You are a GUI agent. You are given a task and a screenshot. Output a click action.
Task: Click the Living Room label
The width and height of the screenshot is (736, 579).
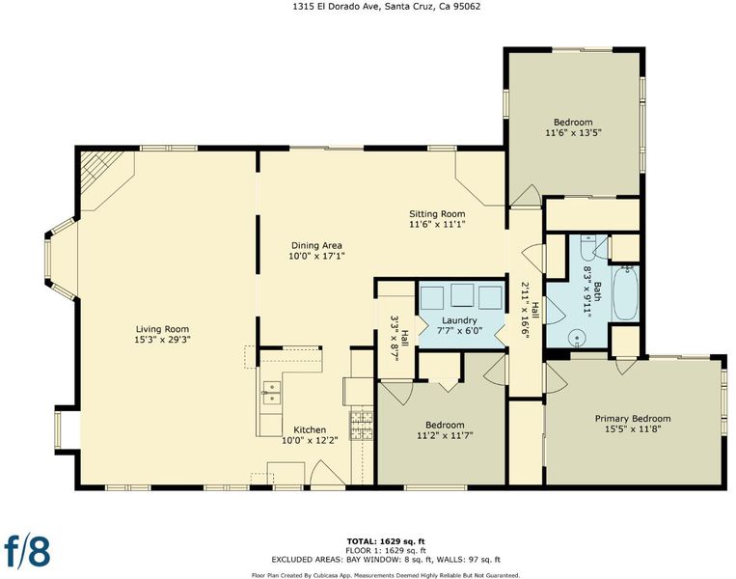(162, 329)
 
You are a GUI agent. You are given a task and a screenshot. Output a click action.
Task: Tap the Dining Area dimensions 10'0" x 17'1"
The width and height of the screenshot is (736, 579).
(316, 256)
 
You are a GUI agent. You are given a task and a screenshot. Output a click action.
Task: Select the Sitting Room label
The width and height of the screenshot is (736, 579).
(437, 213)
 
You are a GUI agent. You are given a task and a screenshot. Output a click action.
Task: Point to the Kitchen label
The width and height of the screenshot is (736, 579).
(310, 429)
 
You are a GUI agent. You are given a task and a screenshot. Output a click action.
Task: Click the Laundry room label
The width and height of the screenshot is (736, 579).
(459, 320)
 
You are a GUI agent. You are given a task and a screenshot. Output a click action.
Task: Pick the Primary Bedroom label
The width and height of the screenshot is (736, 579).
(633, 419)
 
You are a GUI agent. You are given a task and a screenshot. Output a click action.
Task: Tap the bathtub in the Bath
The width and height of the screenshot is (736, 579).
(625, 293)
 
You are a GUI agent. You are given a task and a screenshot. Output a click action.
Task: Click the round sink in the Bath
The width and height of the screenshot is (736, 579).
(577, 338)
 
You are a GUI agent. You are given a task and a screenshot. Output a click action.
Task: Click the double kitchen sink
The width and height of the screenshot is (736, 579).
(271, 392)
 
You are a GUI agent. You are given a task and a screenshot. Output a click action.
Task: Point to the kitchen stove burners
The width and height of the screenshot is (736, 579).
(361, 425)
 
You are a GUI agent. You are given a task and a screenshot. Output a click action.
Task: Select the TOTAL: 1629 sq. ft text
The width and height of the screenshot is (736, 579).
(386, 541)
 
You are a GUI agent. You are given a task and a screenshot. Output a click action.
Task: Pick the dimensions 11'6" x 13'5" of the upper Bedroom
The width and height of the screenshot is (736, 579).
(573, 132)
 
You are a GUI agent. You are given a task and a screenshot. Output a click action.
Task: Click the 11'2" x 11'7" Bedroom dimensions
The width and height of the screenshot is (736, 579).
(445, 435)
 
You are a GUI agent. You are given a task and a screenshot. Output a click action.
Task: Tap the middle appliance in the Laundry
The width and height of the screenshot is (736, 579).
(462, 295)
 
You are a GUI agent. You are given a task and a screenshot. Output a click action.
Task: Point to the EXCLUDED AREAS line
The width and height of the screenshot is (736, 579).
(386, 560)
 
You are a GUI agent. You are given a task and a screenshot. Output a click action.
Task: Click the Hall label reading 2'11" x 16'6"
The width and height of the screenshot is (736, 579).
(531, 312)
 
